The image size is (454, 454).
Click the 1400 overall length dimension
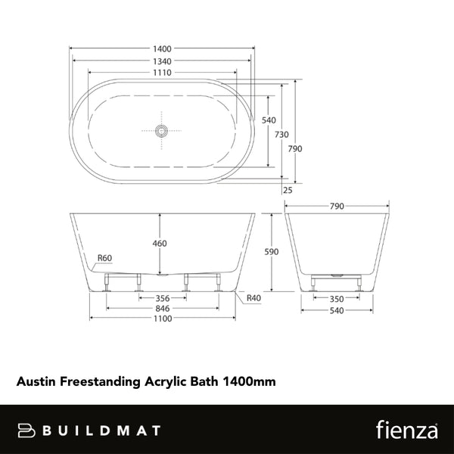tap(161, 47)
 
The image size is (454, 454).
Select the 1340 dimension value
tap(161, 60)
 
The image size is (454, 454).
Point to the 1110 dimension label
tap(161, 73)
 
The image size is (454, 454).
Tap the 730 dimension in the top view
tap(281, 134)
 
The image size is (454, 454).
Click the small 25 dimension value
tap(287, 190)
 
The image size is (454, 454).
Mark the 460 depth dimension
tap(160, 244)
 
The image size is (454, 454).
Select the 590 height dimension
tap(271, 251)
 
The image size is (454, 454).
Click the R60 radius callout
tap(105, 259)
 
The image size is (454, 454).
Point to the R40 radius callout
tap(254, 298)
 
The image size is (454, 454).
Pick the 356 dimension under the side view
tap(161, 298)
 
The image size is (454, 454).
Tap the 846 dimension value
tap(161, 309)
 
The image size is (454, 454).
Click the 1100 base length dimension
tap(161, 319)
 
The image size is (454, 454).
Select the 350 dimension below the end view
tap(337, 298)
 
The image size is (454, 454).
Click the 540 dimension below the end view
tap(337, 309)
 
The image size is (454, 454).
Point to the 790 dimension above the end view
tap(337, 206)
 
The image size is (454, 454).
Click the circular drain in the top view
tap(160, 130)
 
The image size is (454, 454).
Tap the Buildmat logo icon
tap(26, 430)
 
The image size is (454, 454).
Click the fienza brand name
tap(406, 430)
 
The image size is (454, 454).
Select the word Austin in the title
tap(34, 383)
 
